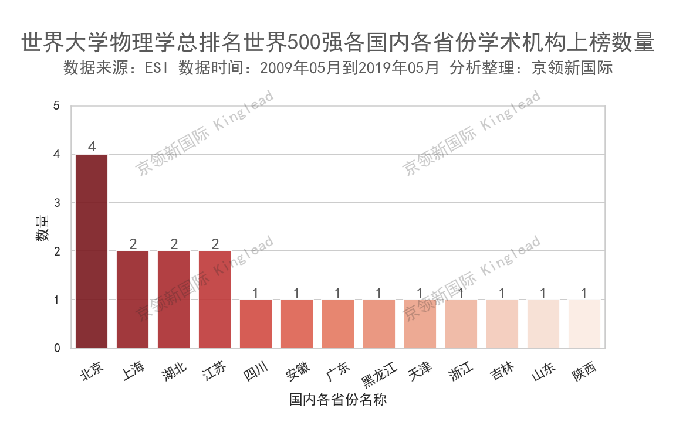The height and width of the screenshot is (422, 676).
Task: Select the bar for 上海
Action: click(133, 300)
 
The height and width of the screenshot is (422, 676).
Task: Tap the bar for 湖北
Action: click(174, 300)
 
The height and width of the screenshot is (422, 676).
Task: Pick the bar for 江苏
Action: click(215, 300)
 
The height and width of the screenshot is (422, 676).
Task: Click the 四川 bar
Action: click(256, 324)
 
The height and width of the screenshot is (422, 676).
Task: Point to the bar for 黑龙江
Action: click(379, 324)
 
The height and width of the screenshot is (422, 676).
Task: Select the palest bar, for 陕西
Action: click(584, 324)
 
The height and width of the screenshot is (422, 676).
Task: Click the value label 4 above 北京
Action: click(92, 146)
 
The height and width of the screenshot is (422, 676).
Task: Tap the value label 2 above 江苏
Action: click(215, 243)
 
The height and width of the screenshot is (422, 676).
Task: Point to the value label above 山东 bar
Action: click(544, 292)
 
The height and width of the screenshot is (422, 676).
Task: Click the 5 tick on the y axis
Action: click(57, 106)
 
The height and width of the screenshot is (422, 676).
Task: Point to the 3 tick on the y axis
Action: click(57, 203)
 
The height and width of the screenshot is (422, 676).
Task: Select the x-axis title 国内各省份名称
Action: click(338, 400)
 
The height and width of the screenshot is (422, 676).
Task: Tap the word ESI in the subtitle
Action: click(156, 69)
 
